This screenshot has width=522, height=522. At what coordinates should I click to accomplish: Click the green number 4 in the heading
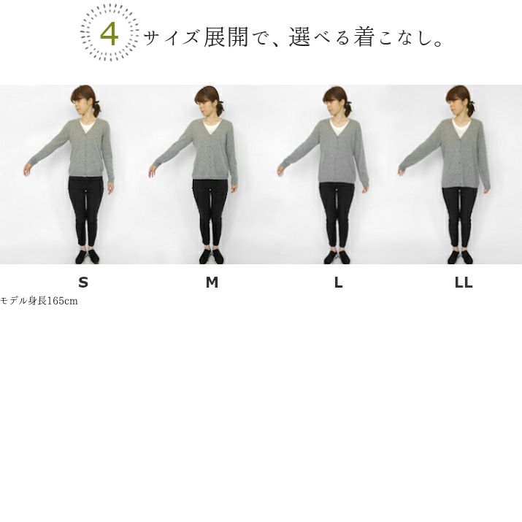[x=110, y=34]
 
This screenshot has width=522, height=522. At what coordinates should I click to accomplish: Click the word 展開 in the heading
[x=226, y=37]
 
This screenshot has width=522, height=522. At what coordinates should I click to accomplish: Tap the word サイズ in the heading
[x=172, y=37]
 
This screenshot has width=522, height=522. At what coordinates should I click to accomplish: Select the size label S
[x=83, y=283]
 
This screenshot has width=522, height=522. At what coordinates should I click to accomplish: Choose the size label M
[x=212, y=283]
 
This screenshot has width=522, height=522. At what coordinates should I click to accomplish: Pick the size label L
[x=338, y=283]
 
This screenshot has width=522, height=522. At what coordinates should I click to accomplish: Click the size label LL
[x=464, y=283]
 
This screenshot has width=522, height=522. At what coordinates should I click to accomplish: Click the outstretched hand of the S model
[x=27, y=169]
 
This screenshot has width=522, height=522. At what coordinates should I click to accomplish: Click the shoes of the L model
[x=337, y=257]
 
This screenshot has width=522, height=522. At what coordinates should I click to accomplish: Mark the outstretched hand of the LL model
[x=402, y=172]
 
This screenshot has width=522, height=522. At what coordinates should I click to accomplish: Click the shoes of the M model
[x=212, y=256]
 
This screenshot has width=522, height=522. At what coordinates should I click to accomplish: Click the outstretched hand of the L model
[x=280, y=171]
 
